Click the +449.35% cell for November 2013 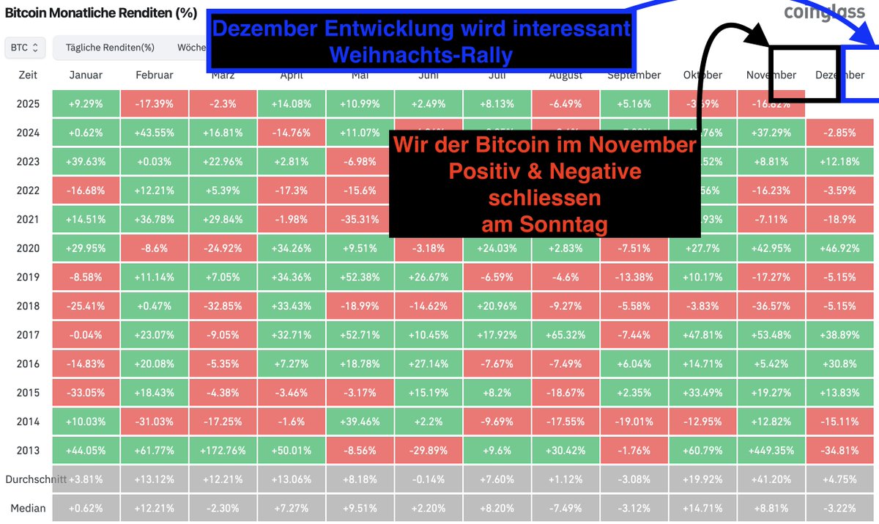(x=771, y=451)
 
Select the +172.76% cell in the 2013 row (x=223, y=451)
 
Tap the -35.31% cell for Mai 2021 (x=360, y=219)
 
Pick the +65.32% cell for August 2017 (x=565, y=335)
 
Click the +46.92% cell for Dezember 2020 (x=839, y=248)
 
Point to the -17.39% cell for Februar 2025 (x=155, y=103)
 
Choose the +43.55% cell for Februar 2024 (x=155, y=133)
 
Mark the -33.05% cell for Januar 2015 (x=86, y=393)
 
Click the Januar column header (x=86, y=75)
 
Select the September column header (x=634, y=75)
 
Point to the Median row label (x=28, y=508)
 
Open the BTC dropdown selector (x=26, y=48)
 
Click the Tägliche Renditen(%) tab (x=110, y=48)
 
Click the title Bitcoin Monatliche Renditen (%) (x=100, y=14)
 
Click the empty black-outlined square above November (x=804, y=73)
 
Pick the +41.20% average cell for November (x=771, y=479)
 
